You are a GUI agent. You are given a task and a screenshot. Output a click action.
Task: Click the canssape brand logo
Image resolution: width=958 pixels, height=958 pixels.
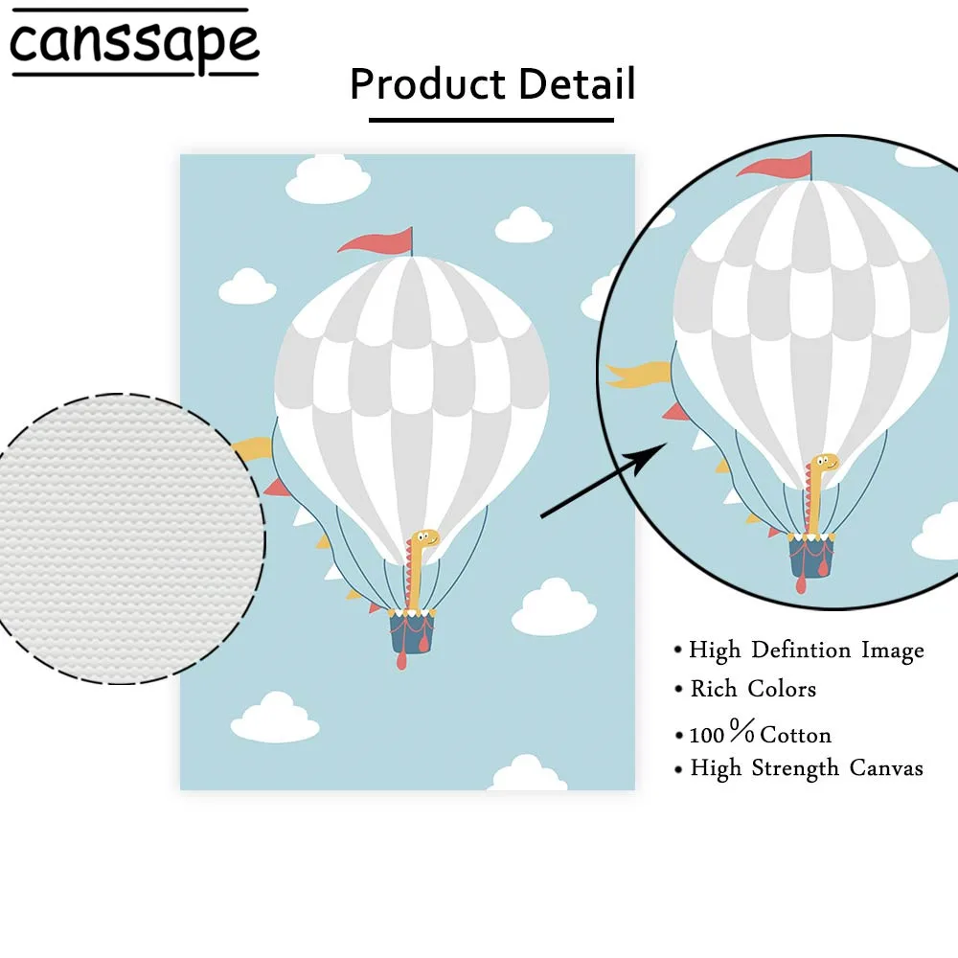(x=134, y=43)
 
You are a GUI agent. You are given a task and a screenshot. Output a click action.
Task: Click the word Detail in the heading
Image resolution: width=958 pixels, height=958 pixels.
(x=577, y=84)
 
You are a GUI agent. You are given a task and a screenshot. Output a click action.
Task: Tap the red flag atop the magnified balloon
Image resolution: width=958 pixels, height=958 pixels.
(x=775, y=167)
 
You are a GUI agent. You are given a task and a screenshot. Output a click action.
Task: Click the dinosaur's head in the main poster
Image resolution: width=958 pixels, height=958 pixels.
(x=424, y=540)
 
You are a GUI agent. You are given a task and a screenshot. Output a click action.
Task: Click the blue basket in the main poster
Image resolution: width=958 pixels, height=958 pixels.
(x=412, y=632)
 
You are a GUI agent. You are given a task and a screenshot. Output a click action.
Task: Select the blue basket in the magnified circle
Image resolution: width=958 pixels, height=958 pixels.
(x=812, y=558)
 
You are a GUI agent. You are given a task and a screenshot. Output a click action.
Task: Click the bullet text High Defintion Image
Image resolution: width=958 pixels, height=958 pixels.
(x=806, y=650)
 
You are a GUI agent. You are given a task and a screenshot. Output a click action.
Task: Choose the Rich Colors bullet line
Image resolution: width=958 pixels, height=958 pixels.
(x=753, y=689)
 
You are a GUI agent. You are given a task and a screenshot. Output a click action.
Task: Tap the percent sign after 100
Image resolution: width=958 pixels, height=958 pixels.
(x=742, y=733)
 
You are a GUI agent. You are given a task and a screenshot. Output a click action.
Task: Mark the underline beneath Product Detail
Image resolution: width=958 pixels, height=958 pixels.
(x=491, y=120)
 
